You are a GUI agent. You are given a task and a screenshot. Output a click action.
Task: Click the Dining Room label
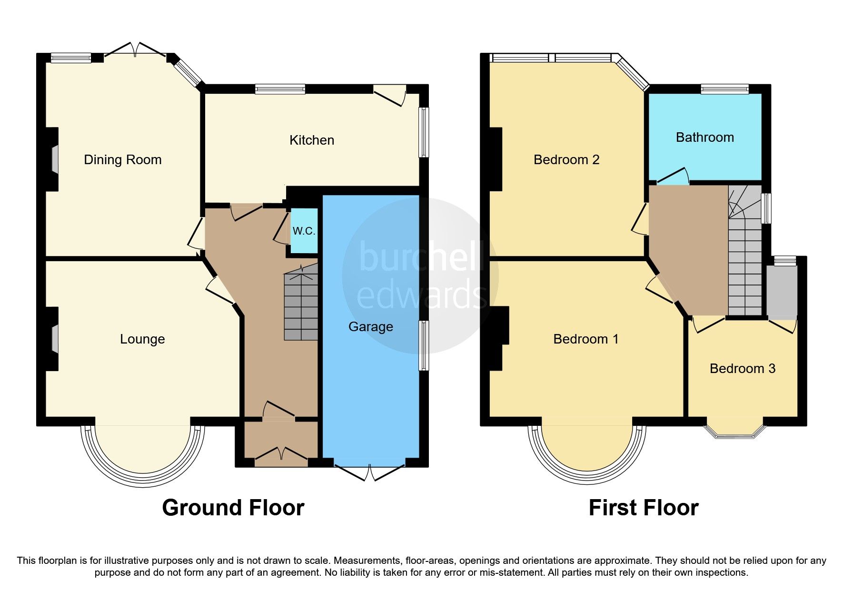(122, 159)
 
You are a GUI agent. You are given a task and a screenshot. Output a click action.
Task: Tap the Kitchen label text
(312, 140)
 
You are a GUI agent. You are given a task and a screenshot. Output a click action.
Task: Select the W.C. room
(304, 231)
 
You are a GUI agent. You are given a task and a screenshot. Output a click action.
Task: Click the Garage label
(370, 326)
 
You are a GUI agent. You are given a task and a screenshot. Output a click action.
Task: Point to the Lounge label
(142, 339)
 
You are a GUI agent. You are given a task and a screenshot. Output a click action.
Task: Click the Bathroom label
(704, 138)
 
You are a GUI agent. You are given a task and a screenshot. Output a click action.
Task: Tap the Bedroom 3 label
(742, 368)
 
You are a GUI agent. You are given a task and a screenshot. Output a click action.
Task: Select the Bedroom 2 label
(566, 159)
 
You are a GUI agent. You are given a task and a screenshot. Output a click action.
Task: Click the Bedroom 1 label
(585, 339)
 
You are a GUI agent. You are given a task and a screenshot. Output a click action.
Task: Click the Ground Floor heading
(233, 508)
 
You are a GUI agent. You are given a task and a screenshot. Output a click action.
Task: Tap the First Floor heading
(643, 508)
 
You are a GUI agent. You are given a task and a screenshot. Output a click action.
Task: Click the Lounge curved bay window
(142, 471)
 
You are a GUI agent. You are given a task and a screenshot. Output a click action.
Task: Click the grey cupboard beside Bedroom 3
(782, 292)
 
